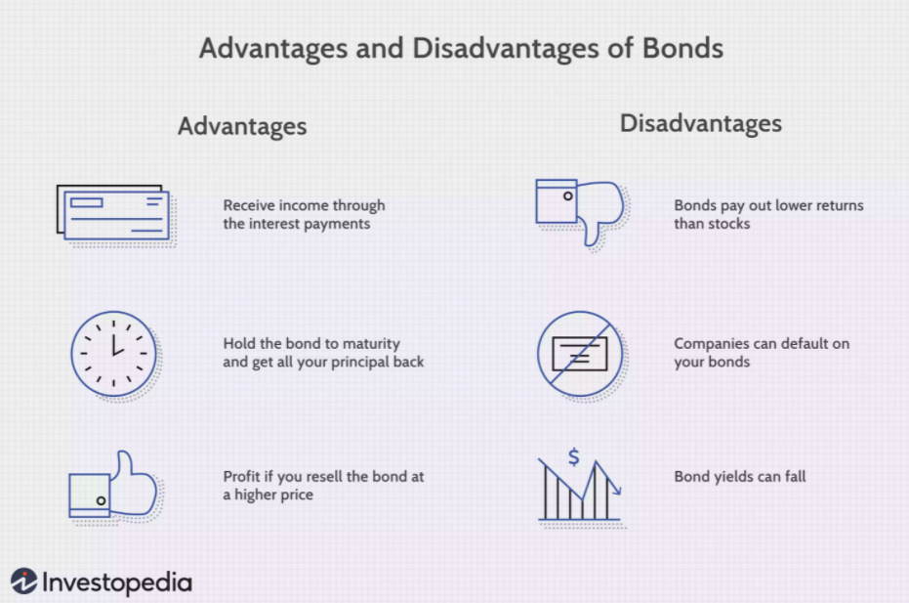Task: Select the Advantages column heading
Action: click(242, 126)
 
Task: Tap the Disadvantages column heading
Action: click(701, 123)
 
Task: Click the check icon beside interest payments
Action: click(113, 212)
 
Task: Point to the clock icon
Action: click(113, 354)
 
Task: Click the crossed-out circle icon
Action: click(580, 354)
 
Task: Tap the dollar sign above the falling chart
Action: click(573, 457)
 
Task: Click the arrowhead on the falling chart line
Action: click(617, 491)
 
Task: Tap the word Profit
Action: click(242, 477)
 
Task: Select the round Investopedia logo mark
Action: click(23, 581)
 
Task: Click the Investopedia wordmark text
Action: click(117, 582)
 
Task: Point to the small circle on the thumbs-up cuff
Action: click(101, 500)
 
